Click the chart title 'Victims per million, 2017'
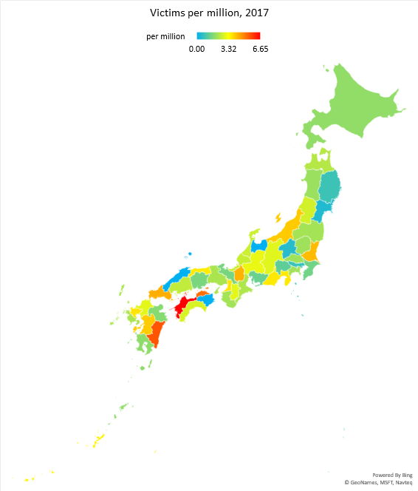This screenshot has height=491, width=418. [x=209, y=13]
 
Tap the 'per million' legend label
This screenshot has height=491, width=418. [x=165, y=36]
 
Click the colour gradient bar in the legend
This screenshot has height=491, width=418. [x=228, y=36]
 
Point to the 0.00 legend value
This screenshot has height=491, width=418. [x=196, y=49]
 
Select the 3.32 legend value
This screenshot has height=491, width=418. [x=228, y=49]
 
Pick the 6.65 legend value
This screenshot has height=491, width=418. [x=260, y=49]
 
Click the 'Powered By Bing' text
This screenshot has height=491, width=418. [x=392, y=474]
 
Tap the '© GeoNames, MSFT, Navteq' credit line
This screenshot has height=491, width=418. [x=378, y=482]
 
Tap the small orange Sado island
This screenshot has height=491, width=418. [x=278, y=217]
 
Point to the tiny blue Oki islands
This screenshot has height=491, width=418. [x=189, y=253]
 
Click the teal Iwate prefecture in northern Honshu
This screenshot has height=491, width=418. [x=329, y=186]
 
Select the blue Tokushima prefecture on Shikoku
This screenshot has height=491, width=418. [x=207, y=299]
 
